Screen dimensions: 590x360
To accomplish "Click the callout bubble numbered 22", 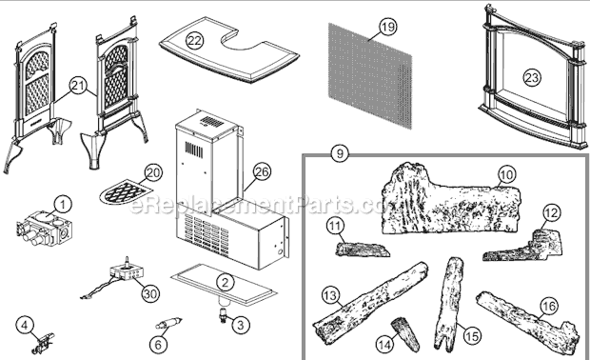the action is [x=194, y=40].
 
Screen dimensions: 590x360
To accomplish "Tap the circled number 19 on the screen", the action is [x=387, y=27].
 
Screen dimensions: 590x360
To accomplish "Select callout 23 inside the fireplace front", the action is [x=532, y=78].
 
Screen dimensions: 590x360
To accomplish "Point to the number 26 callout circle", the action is [x=262, y=171].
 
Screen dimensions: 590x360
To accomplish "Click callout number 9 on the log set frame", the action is [x=340, y=153].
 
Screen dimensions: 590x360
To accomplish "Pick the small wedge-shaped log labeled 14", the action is [x=405, y=333].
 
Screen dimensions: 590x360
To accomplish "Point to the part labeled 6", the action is [x=168, y=323].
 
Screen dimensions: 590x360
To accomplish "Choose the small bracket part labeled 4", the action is [x=42, y=342].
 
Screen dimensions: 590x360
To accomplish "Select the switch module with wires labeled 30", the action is [x=119, y=279].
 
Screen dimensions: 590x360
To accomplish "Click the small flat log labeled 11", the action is [x=362, y=250].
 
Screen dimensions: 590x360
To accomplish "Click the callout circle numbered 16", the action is [x=549, y=306].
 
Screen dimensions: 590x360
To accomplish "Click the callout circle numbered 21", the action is [x=78, y=87].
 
